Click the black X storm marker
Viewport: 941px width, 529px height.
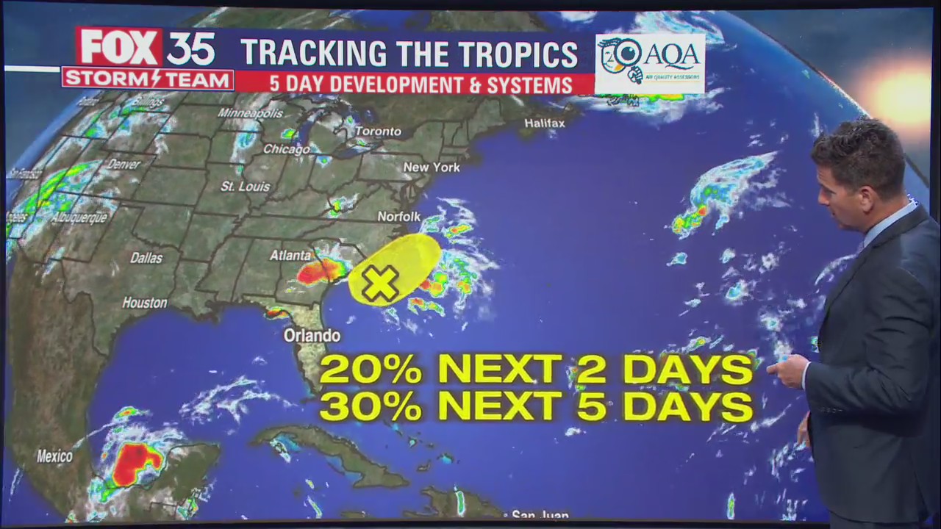[380, 284]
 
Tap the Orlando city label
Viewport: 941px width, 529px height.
[312, 336]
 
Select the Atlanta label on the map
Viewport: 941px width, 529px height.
[290, 256]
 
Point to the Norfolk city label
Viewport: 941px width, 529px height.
[399, 217]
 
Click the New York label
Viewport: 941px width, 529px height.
[432, 168]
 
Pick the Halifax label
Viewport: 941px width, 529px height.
[545, 123]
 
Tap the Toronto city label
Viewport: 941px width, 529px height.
[378, 132]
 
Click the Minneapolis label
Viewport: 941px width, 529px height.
[250, 113]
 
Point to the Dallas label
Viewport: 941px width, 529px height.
[146, 258]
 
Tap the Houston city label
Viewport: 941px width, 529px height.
[145, 303]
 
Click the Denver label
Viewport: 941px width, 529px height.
[124, 165]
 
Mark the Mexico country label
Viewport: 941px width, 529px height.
[55, 456]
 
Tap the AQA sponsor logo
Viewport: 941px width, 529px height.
[650, 63]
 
